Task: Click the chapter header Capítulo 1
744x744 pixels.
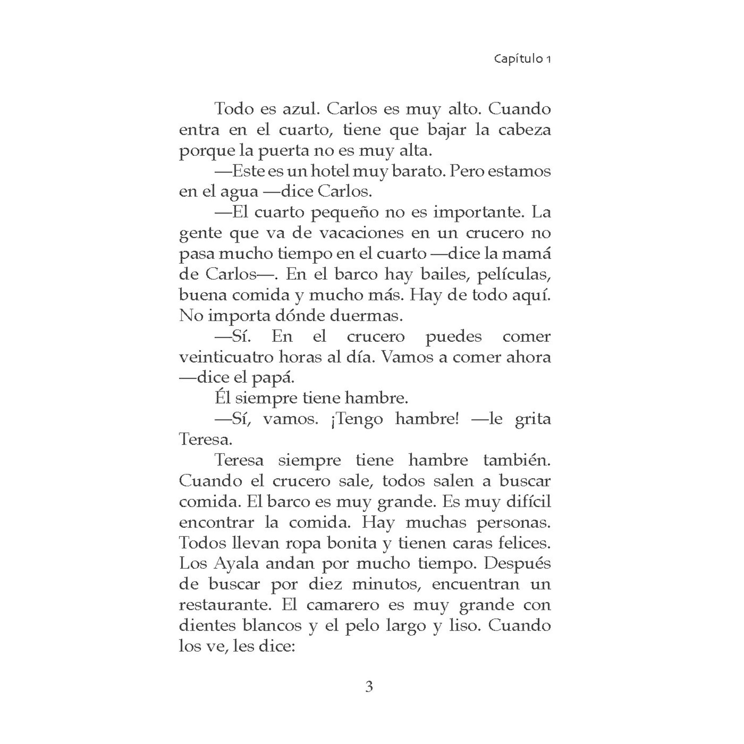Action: [522, 59]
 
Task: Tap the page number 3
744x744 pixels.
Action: [369, 687]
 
